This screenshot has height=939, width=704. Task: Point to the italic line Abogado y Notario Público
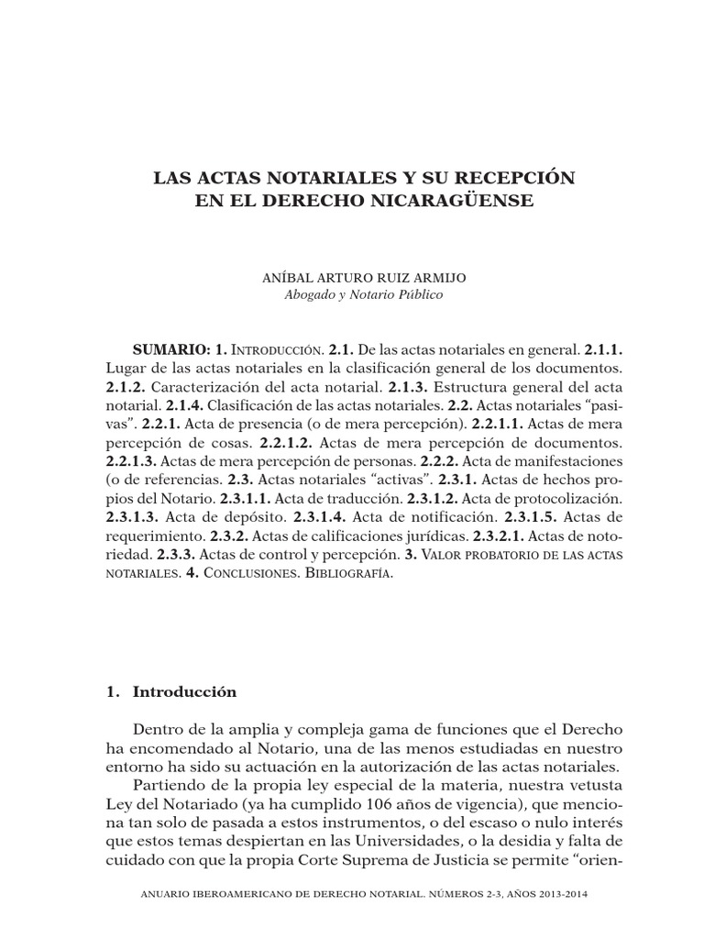pos(352,294)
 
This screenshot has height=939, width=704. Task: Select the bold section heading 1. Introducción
pos(170,692)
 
